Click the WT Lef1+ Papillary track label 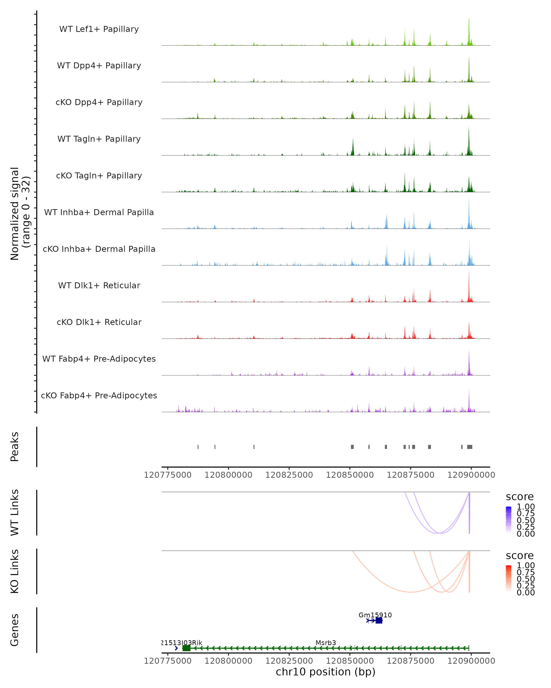(x=99, y=29)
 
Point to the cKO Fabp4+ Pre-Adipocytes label (x=99, y=395)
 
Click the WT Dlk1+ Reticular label (x=99, y=285)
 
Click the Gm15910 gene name (x=375, y=615)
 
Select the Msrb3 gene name (x=326, y=643)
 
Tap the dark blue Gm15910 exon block (x=379, y=620)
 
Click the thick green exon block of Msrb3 (x=186, y=648)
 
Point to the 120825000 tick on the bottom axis (x=289, y=660)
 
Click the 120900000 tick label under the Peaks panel (x=471, y=475)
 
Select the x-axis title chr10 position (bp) (x=326, y=672)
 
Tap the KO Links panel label (x=15, y=571)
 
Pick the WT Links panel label (x=15, y=513)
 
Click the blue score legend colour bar (x=509, y=519)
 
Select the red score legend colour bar (x=509, y=578)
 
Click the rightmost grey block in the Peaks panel (x=469, y=447)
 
